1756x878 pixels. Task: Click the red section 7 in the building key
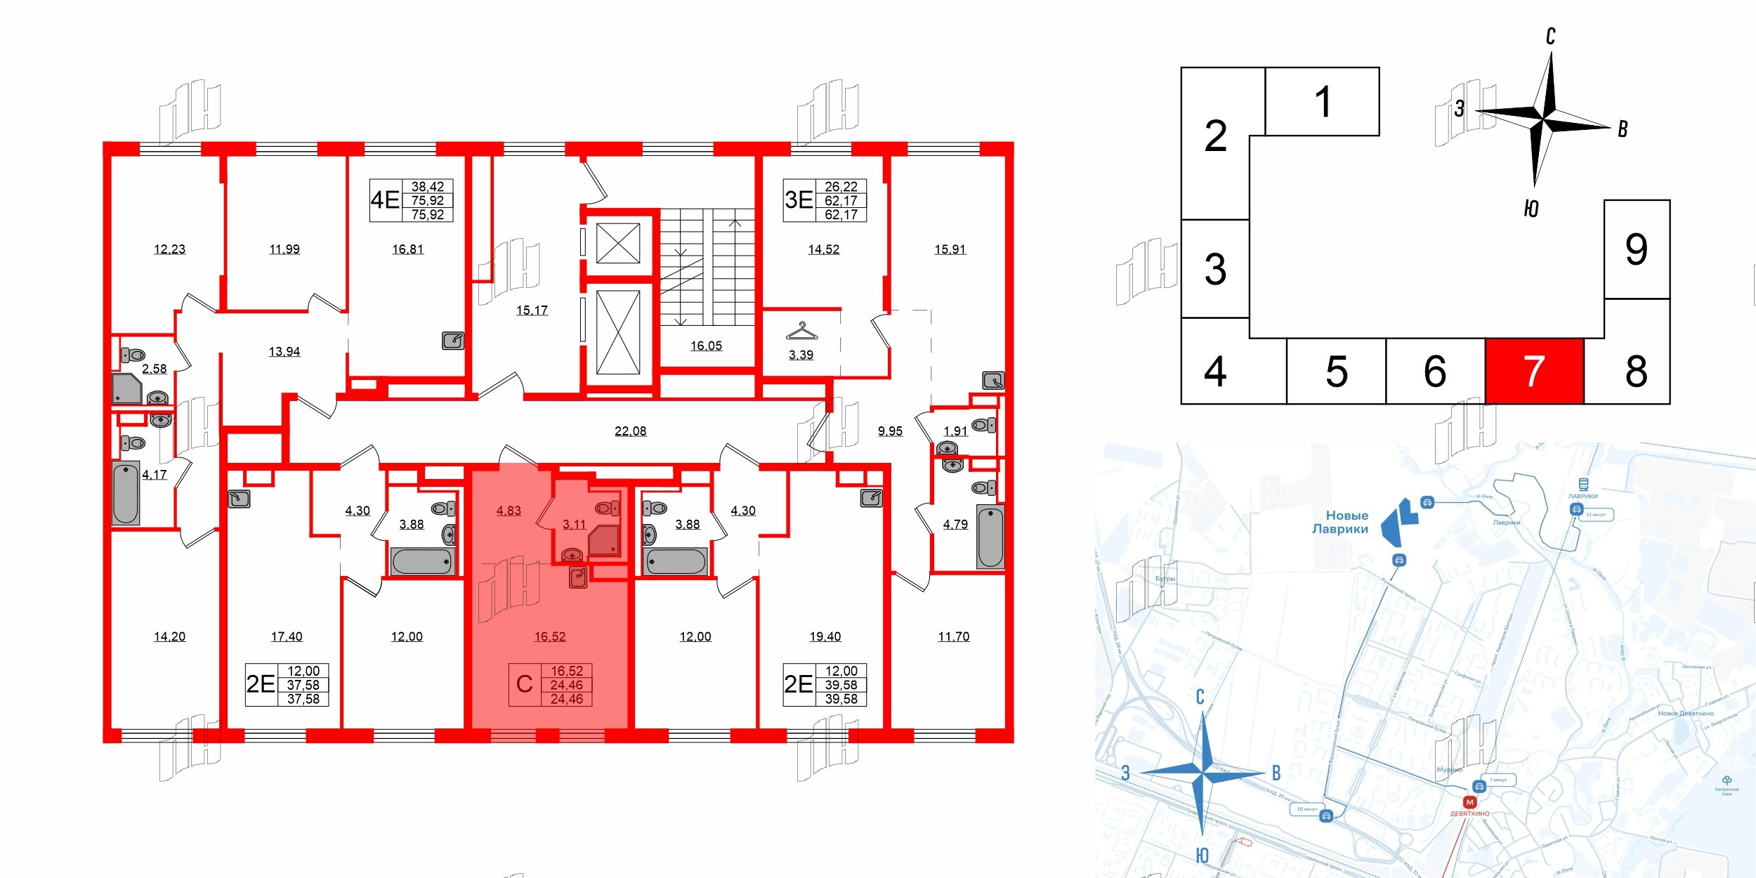(x=1534, y=371)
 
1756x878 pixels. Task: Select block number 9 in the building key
(x=1636, y=249)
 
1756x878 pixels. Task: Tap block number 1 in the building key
(x=1323, y=102)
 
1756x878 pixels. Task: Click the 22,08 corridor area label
(x=630, y=431)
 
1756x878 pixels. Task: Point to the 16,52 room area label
(x=549, y=636)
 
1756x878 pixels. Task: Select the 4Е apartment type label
(x=385, y=200)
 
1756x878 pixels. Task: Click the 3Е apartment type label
(x=799, y=200)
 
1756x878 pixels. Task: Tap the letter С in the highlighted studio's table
(x=524, y=684)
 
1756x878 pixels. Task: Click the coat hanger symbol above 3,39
(x=801, y=330)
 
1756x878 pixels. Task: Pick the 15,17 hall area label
(x=532, y=310)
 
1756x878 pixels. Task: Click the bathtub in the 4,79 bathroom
(x=990, y=537)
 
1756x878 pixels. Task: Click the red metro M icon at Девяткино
(x=1469, y=802)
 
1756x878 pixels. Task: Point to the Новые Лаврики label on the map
(x=1340, y=522)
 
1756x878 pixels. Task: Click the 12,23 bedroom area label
(x=169, y=249)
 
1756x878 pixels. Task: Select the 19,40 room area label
(x=825, y=636)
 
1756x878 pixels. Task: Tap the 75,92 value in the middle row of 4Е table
(x=427, y=201)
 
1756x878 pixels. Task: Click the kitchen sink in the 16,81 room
(x=453, y=341)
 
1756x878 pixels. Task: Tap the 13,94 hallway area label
(x=284, y=351)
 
